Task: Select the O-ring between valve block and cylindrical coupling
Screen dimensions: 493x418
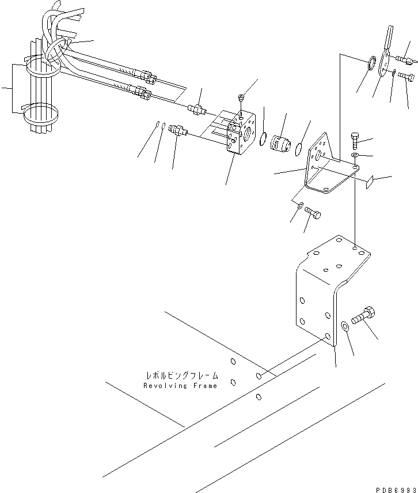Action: pyautogui.click(x=263, y=138)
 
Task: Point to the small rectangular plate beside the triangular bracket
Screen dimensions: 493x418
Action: pyautogui.click(x=370, y=182)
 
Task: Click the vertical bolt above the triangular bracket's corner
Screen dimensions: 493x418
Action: pyautogui.click(x=355, y=140)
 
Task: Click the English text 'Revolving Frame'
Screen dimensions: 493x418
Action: pyautogui.click(x=180, y=386)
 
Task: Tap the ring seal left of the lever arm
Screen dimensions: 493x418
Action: pyautogui.click(x=371, y=62)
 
